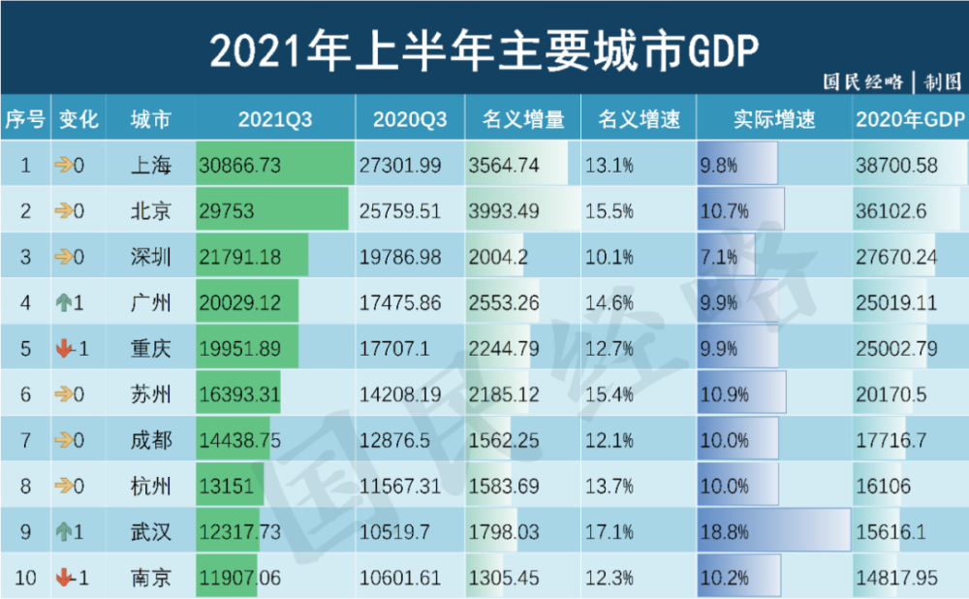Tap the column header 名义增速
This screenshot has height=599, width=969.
pos(639,120)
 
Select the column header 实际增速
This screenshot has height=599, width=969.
pos(773,120)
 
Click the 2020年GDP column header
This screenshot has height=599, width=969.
pos(910,120)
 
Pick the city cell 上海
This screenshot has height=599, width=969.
pos(151,166)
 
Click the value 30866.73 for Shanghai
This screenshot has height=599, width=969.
pos(239,166)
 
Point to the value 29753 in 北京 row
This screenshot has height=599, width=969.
pos(227,211)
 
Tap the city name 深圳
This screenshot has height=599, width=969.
pos(151,257)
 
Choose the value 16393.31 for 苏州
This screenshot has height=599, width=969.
pos(239,394)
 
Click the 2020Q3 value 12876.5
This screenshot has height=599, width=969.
pos(393,440)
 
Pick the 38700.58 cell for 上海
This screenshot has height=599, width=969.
pos(896,166)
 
